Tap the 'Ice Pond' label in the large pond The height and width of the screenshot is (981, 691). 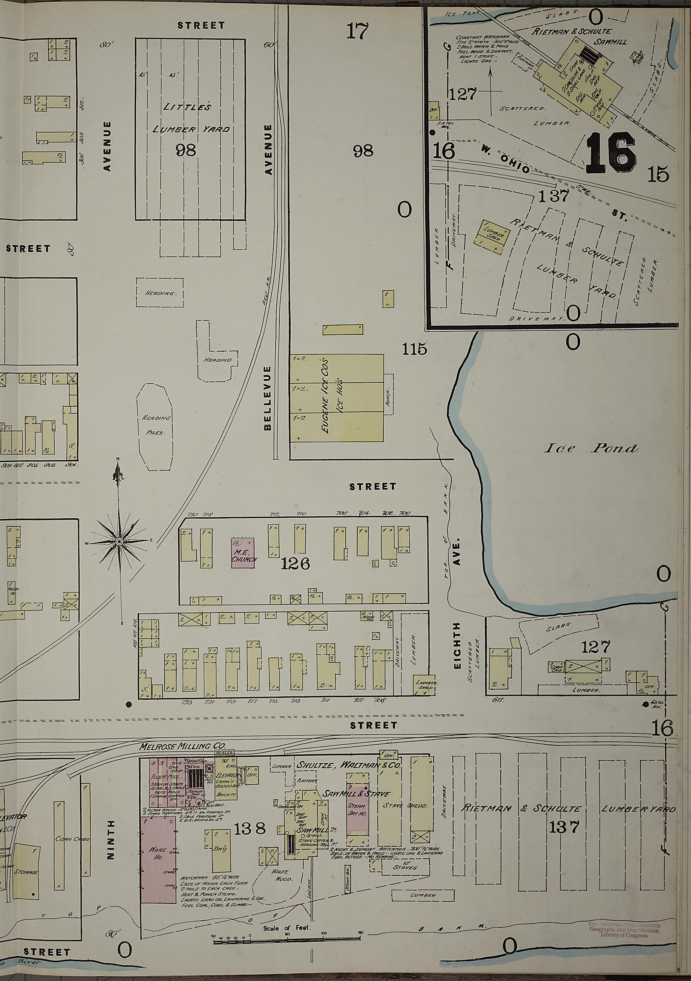(x=591, y=448)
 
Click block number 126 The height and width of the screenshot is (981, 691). (x=295, y=565)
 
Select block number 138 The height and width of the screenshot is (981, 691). (x=250, y=829)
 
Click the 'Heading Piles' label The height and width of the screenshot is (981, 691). (x=155, y=425)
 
